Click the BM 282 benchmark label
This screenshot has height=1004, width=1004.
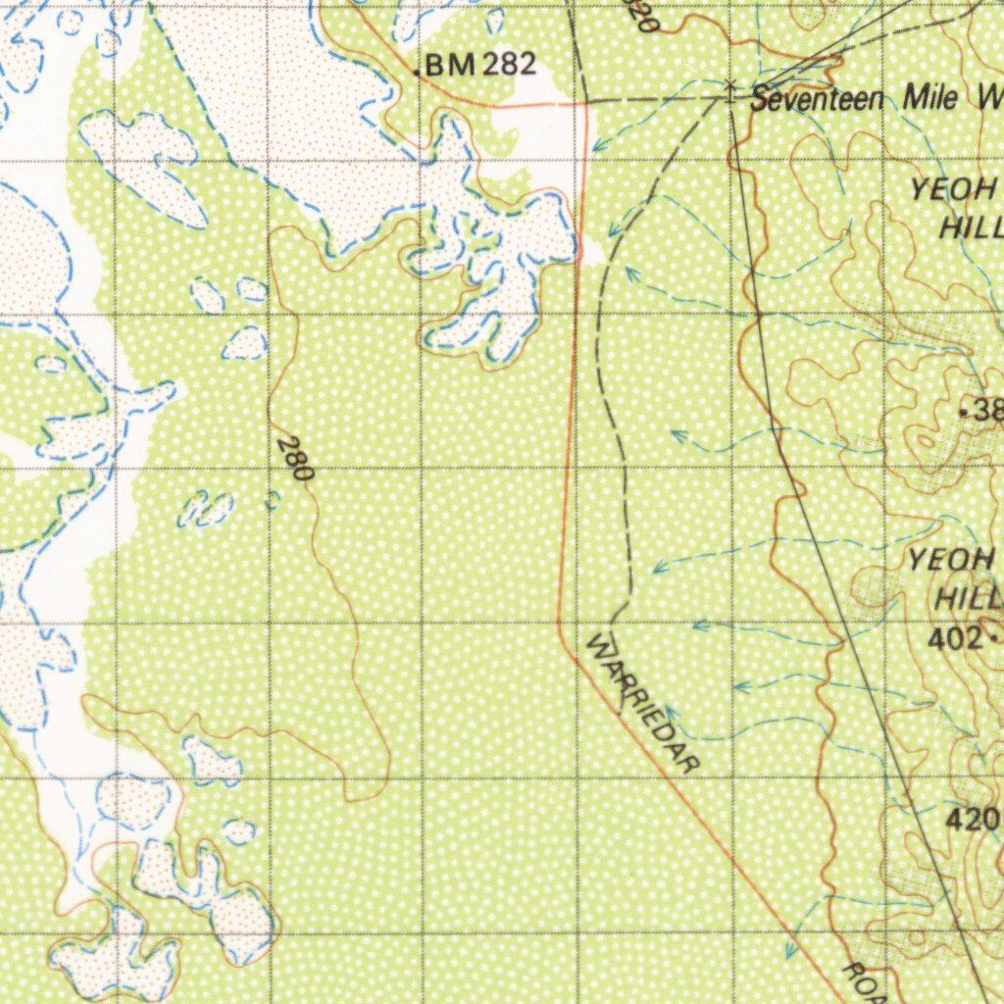click(480, 66)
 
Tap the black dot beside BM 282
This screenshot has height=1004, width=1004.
click(418, 72)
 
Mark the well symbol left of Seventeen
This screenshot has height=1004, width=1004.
click(729, 87)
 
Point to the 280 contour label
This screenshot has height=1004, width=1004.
click(294, 459)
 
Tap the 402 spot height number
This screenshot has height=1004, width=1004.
click(955, 638)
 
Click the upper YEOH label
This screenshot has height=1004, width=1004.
click(953, 190)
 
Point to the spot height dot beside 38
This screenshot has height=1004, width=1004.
click(963, 413)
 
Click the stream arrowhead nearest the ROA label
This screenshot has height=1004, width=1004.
click(790, 951)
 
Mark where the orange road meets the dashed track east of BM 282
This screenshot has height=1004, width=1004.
click(585, 101)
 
